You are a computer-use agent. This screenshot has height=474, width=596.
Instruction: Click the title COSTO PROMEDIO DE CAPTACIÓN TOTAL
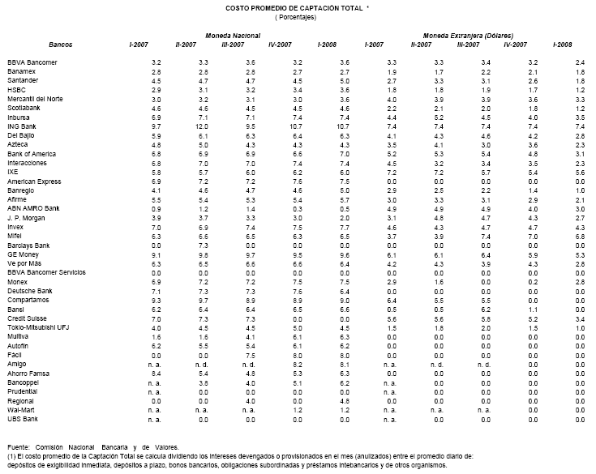[294, 8]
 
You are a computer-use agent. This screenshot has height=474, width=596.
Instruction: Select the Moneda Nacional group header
[233, 36]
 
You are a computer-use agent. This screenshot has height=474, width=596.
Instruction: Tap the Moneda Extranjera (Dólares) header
[469, 36]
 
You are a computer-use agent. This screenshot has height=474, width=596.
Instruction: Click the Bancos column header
[61, 45]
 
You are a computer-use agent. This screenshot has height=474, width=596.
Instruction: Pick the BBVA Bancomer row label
[32, 62]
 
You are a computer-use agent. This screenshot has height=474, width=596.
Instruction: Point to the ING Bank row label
[22, 126]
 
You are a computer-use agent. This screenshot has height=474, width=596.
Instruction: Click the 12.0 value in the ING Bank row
[201, 127]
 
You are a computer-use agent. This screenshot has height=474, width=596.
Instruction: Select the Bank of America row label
[32, 154]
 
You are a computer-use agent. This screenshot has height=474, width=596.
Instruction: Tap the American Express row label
[34, 181]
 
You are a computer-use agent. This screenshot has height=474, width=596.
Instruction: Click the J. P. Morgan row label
[26, 218]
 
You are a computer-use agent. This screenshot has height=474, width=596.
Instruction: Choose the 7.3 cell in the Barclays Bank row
[204, 246]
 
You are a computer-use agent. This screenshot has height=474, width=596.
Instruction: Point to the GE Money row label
[23, 254]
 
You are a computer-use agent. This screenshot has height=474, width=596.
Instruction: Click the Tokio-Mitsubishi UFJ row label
[38, 327]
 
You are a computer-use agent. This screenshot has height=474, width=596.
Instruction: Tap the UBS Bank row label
[23, 420]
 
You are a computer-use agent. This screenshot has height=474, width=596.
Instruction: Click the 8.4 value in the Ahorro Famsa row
[157, 374]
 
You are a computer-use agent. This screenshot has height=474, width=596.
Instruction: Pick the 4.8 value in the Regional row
[345, 401]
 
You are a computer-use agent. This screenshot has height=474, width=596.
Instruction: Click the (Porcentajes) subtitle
[295, 17]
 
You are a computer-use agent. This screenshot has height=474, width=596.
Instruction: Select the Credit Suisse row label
[27, 318]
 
